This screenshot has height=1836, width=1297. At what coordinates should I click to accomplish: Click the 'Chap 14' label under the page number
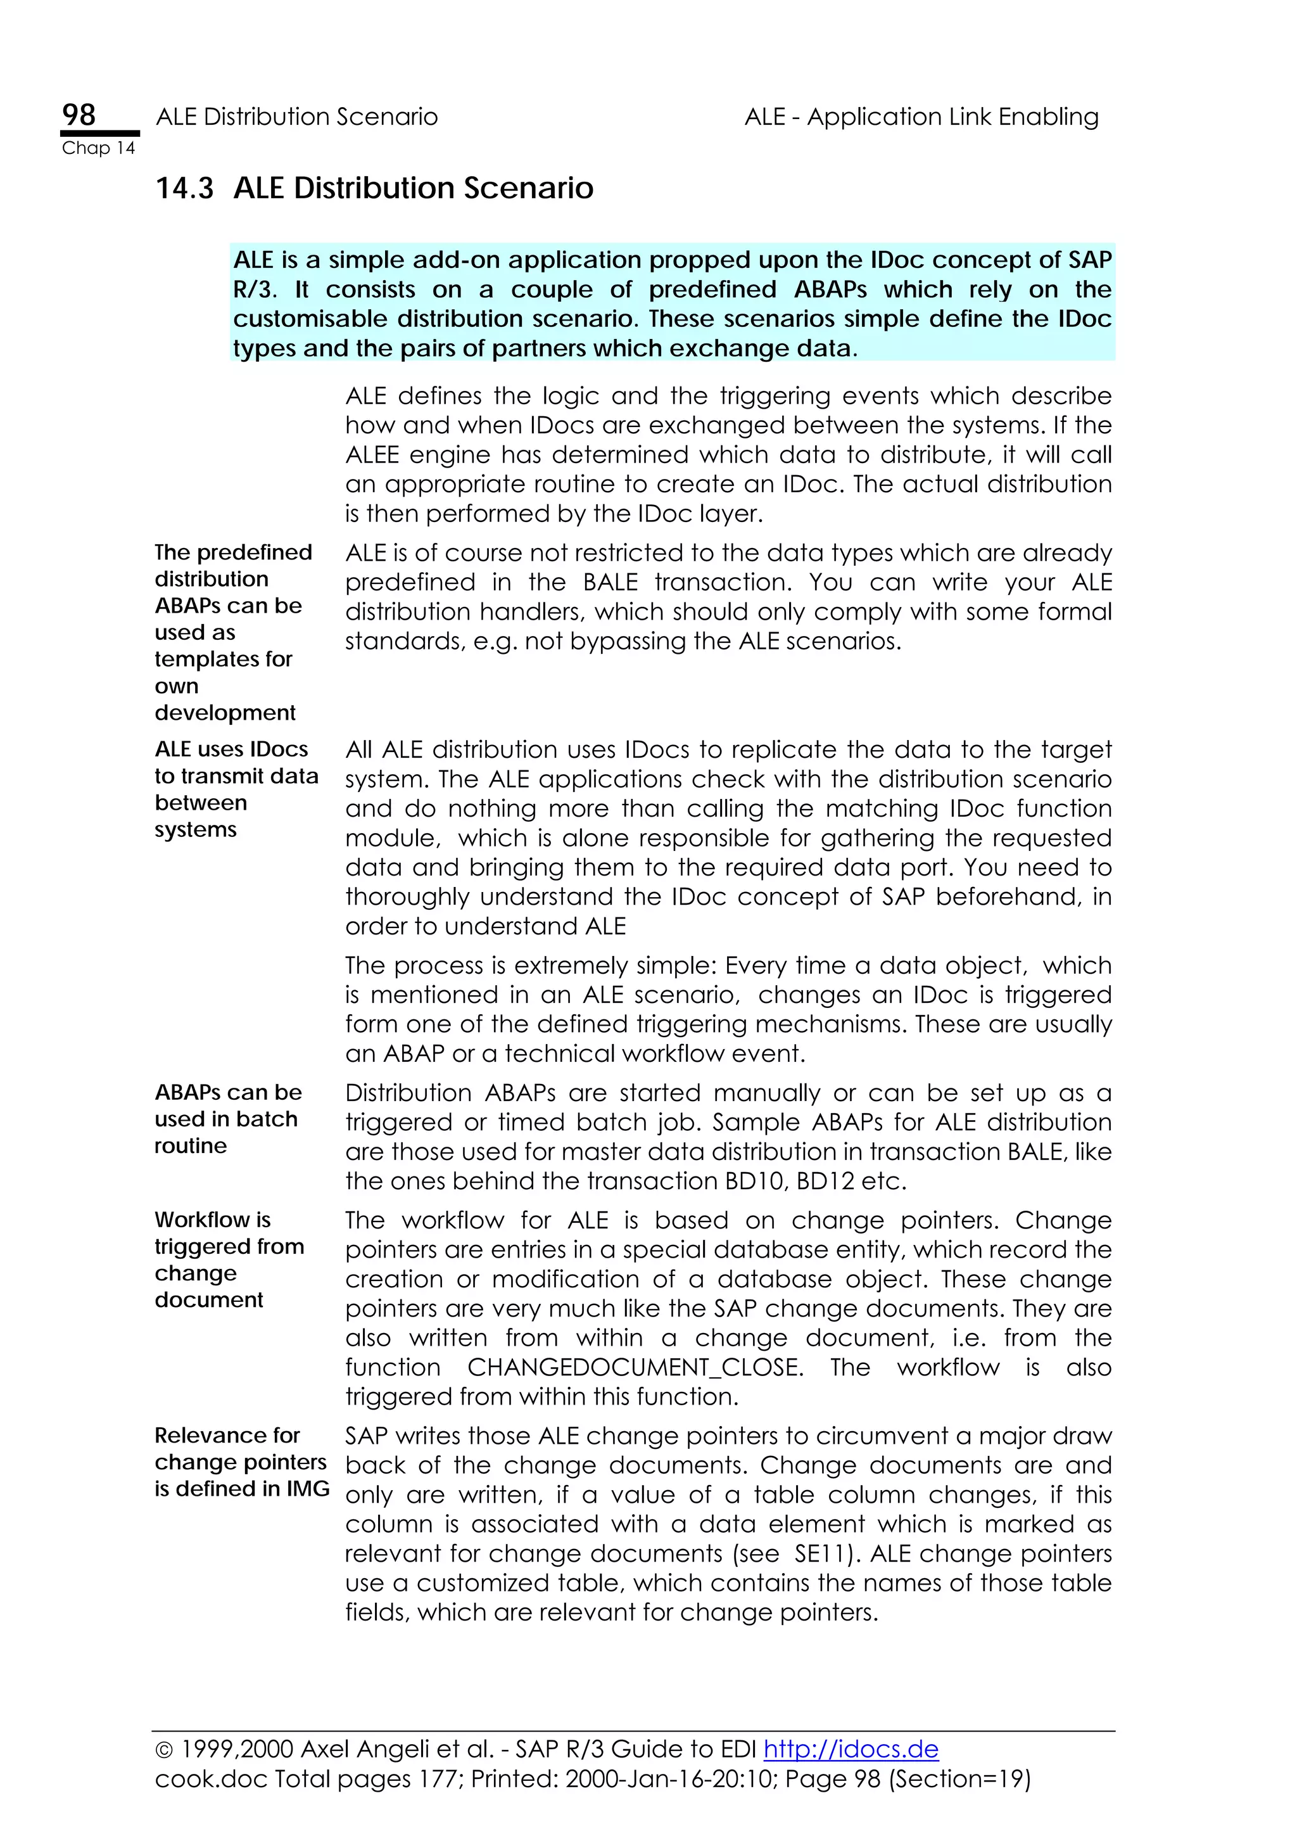[98, 148]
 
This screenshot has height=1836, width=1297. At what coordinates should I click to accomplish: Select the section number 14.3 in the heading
[184, 188]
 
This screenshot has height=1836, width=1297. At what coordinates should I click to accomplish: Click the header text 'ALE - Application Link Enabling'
[921, 117]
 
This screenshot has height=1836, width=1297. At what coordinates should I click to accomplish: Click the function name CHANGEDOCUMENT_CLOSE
[635, 1367]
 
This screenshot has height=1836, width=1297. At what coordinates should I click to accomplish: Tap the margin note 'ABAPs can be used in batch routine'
[228, 1119]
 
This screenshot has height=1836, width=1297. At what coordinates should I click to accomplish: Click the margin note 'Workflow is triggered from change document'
[229, 1259]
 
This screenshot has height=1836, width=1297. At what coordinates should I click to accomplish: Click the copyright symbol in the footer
[164, 1750]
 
